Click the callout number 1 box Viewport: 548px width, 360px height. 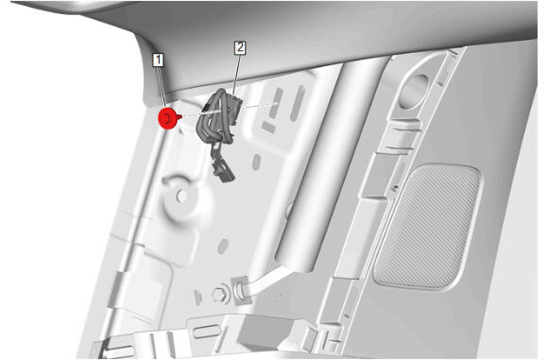[x=159, y=60]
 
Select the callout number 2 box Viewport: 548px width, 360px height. [x=240, y=48]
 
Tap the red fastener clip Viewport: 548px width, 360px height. [x=169, y=118]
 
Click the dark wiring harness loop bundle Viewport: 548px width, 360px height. [x=218, y=117]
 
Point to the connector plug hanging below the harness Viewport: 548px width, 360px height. [x=223, y=169]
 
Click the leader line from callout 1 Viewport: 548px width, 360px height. [x=163, y=87]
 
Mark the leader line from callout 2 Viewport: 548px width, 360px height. [x=236, y=74]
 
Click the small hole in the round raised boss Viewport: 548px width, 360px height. [x=181, y=197]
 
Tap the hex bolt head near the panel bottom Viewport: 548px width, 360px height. [x=220, y=296]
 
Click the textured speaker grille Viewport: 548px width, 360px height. [x=427, y=226]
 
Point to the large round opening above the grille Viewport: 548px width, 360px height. [x=415, y=90]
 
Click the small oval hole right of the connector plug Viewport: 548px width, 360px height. [x=257, y=163]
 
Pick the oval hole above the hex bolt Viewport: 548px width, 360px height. [x=223, y=247]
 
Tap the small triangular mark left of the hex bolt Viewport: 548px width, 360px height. [x=197, y=297]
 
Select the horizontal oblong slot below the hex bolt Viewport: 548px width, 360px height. [x=206, y=332]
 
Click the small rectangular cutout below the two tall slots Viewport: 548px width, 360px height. [x=268, y=127]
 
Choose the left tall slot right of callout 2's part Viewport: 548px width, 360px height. [x=276, y=103]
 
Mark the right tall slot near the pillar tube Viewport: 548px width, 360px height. [x=298, y=103]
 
